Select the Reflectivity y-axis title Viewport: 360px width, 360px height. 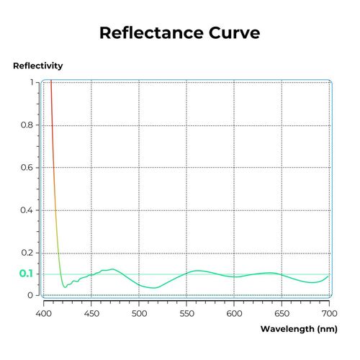tap(37, 66)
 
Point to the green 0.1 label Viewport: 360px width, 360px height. tap(26, 274)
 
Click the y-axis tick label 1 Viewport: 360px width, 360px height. tap(31, 82)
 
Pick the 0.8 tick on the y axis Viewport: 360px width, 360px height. tap(27, 125)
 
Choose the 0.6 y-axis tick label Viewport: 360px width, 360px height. tap(27, 167)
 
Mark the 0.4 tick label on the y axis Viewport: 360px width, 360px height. tap(27, 210)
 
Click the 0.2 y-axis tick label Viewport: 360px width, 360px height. tap(27, 252)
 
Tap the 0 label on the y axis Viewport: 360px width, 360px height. tap(31, 294)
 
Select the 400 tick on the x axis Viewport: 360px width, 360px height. tap(44, 314)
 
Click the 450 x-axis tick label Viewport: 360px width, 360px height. tap(91, 314)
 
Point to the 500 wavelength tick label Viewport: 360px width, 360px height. tap(139, 314)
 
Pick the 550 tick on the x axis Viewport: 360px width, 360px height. tap(186, 314)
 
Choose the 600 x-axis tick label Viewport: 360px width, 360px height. tap(234, 314)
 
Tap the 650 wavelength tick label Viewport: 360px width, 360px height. tap(282, 314)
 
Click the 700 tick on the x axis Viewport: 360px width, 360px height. tap(329, 314)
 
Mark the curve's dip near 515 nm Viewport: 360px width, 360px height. tap(153, 288)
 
